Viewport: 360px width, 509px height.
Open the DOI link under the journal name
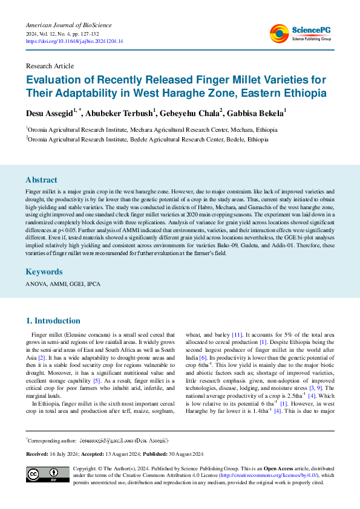click(74, 41)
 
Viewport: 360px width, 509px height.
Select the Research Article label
click(50, 65)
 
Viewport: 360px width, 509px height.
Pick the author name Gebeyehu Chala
click(180, 113)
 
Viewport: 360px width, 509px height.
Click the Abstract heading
click(41, 180)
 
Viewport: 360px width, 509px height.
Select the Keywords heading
click(44, 272)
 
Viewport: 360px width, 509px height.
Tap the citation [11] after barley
click(238, 334)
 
